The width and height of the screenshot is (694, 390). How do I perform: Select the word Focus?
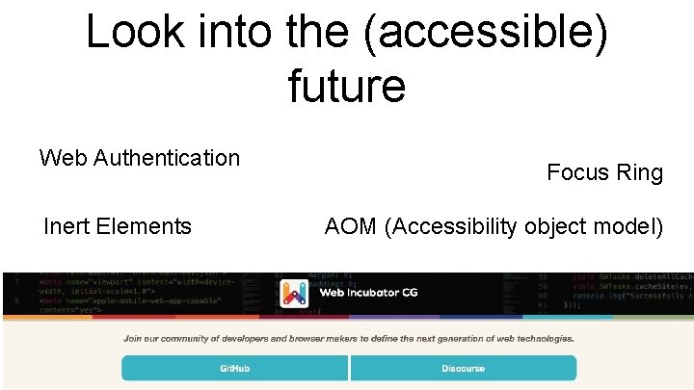tap(578, 172)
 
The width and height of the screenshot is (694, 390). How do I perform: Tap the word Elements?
tap(144, 226)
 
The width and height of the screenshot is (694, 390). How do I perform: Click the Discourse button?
tap(464, 368)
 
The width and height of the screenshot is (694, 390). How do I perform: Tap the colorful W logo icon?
tap(293, 293)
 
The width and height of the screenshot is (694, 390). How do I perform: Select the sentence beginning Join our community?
tap(348, 338)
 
